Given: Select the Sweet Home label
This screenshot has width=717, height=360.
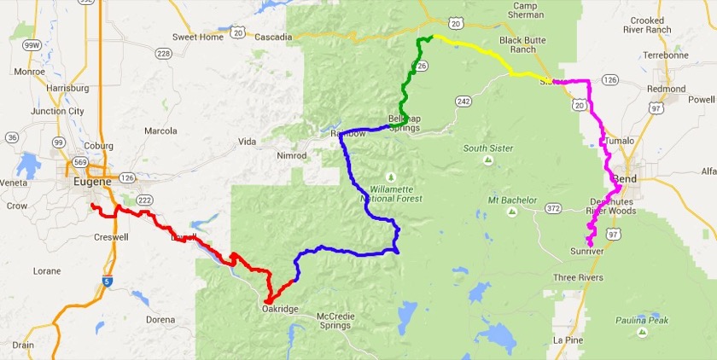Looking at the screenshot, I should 196,38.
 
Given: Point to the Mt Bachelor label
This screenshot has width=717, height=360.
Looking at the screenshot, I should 512,200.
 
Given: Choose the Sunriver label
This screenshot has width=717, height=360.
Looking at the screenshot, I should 587,253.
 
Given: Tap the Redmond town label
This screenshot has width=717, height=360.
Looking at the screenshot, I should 667,89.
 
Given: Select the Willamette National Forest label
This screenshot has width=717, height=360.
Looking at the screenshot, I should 397,193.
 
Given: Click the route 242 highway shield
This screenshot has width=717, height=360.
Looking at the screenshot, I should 463,101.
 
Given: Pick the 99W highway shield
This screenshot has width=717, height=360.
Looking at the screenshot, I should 31,44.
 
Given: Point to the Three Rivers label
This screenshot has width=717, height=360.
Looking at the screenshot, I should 578,278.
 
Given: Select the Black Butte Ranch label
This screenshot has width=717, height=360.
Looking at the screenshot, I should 523,44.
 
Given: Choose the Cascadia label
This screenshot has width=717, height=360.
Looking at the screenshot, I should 274,38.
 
